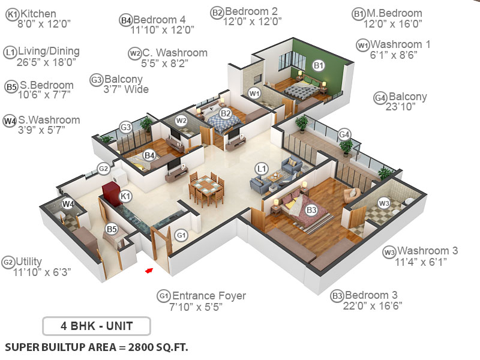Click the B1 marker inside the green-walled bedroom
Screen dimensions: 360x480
tap(319, 65)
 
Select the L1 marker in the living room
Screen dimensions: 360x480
tap(261, 169)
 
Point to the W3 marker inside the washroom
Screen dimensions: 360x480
tap(384, 203)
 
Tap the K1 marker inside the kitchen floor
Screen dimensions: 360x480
tap(125, 196)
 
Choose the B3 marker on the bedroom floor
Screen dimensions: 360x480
tap(311, 210)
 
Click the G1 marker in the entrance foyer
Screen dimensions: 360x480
tap(181, 235)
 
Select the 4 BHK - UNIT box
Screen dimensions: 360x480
tap(97, 326)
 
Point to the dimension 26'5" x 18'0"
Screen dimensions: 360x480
tap(41, 62)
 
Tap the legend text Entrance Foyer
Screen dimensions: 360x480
tap(209, 296)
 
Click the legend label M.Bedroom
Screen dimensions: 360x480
tap(396, 13)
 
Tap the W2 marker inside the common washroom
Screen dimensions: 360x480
tap(181, 121)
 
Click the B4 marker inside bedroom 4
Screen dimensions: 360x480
tap(149, 156)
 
